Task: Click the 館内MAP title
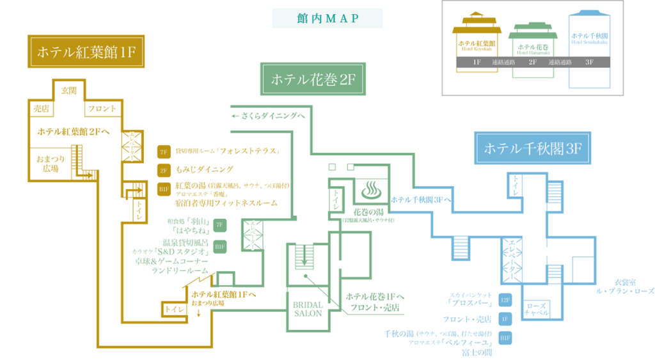point(327,18)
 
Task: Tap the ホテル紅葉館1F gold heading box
point(86,52)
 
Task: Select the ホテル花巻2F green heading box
point(312,79)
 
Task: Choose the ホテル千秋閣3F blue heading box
point(532,149)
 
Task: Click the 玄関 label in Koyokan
point(68,91)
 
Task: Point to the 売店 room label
point(41,109)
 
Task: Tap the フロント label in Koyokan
point(102,109)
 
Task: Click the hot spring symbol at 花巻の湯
point(372,190)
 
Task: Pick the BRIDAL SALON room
point(308,309)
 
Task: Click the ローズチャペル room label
point(536,309)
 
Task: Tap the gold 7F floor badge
point(163,152)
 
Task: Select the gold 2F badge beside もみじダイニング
point(163,170)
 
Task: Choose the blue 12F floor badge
point(505,300)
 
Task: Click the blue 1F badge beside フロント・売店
point(505,319)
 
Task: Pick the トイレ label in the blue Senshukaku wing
point(514,184)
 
